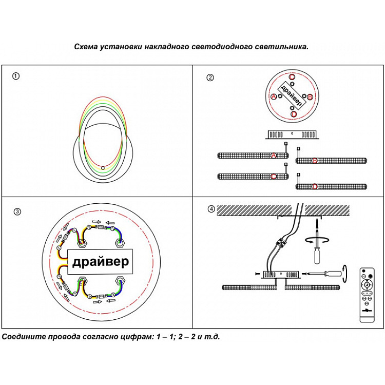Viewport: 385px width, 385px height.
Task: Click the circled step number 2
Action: point(210,78)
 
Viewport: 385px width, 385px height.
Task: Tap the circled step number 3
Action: point(17,211)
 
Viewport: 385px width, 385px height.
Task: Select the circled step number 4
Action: point(211,209)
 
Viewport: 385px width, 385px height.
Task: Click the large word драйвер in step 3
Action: point(100,262)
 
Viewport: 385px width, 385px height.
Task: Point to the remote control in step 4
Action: point(368,295)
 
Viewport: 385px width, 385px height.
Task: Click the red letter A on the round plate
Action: point(274,97)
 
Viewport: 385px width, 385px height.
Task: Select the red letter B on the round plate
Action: point(310,97)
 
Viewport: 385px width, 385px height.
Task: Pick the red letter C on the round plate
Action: point(292,78)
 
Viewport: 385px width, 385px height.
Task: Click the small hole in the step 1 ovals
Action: point(103,168)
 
